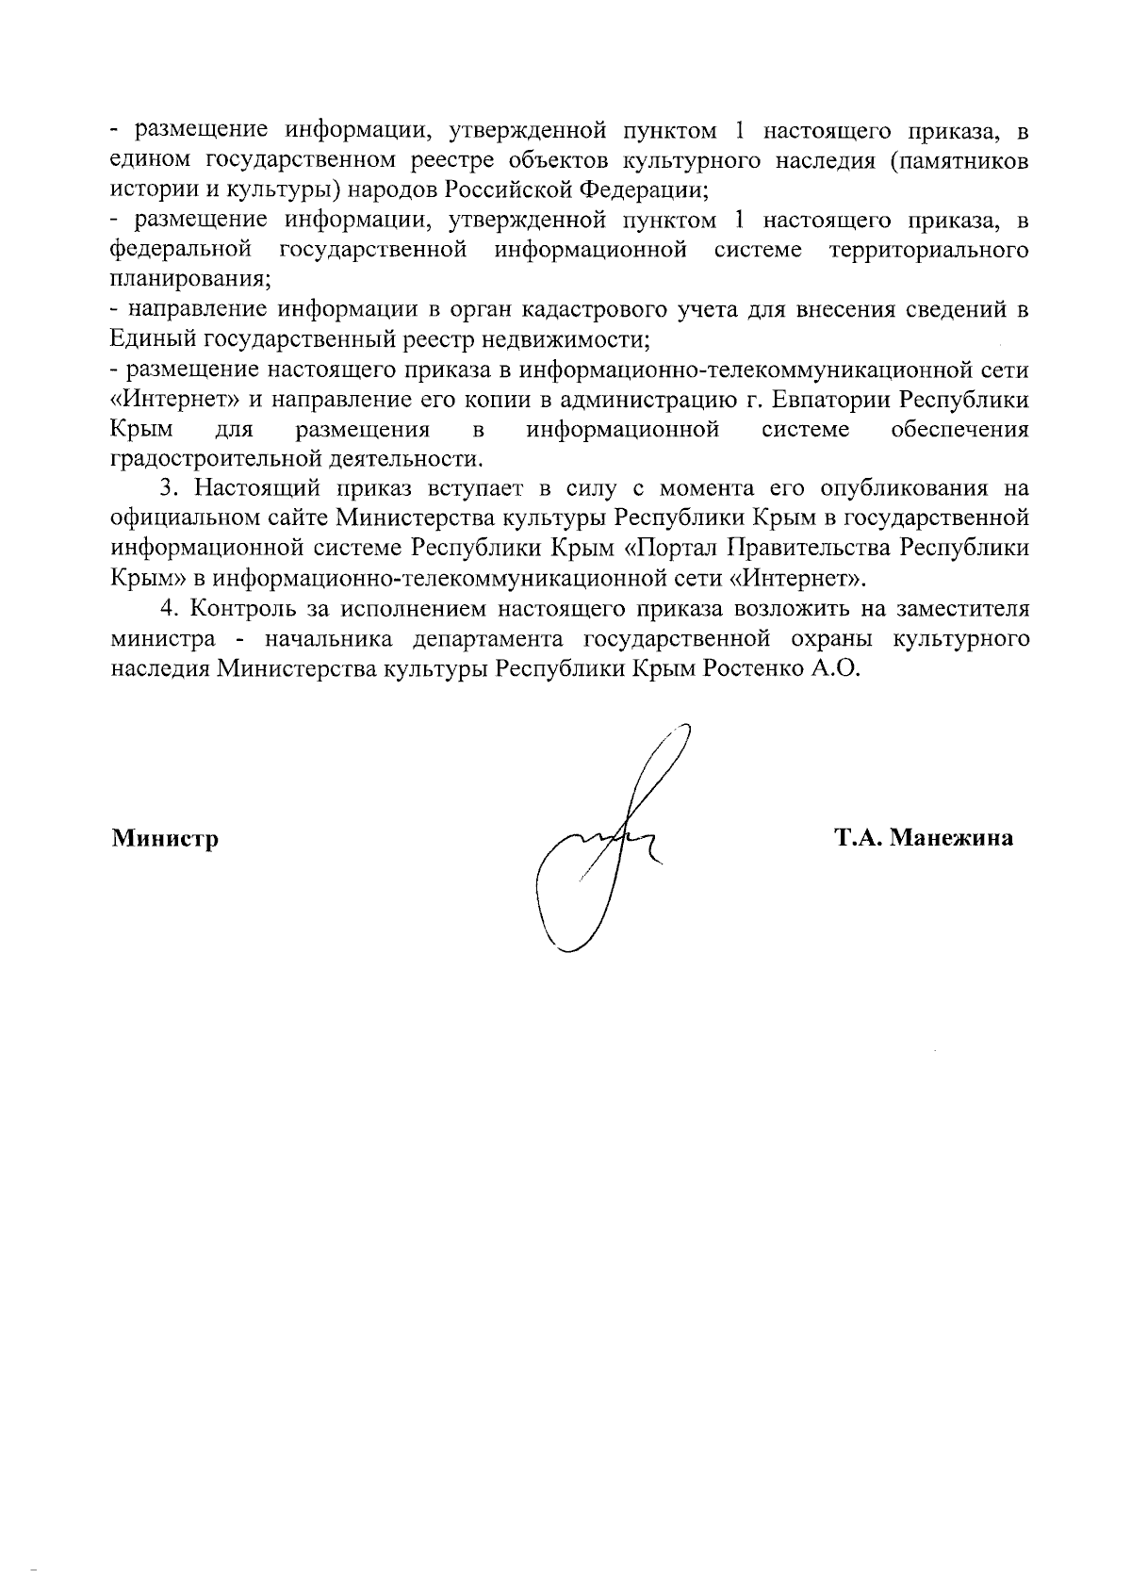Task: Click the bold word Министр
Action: [x=165, y=837]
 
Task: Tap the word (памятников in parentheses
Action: [x=959, y=159]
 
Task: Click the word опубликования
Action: [x=904, y=488]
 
